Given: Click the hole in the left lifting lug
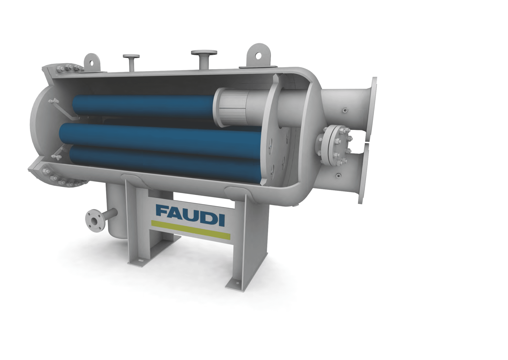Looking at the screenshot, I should pyautogui.click(x=92, y=63).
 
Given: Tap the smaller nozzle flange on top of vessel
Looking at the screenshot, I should pyautogui.click(x=131, y=57).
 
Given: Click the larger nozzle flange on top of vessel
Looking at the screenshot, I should pyautogui.click(x=204, y=52).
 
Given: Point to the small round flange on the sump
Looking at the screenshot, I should pyautogui.click(x=95, y=220).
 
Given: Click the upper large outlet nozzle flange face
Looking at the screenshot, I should pyautogui.click(x=374, y=108).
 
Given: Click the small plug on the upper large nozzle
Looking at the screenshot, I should pyautogui.click(x=344, y=110).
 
